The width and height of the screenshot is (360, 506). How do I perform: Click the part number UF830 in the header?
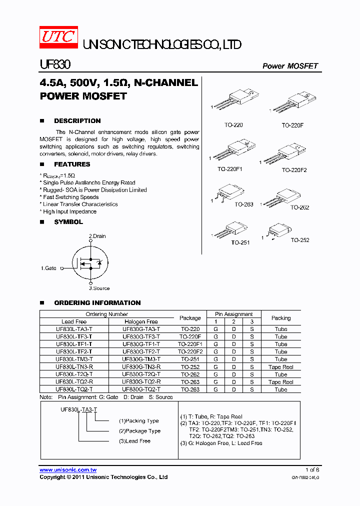click(55, 65)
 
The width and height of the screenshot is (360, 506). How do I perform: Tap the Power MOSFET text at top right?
click(290, 66)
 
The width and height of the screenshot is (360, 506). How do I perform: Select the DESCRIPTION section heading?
click(77, 121)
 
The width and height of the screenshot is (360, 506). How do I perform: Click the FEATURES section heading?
click(72, 164)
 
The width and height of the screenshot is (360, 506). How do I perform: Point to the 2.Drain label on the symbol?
click(97, 236)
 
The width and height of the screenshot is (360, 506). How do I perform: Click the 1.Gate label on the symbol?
click(48, 268)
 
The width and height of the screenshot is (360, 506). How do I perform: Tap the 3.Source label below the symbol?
click(99, 288)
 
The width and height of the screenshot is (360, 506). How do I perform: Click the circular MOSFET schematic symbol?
click(90, 262)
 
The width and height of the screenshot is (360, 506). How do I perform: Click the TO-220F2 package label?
click(294, 170)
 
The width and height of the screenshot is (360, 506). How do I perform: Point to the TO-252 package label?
click(300, 240)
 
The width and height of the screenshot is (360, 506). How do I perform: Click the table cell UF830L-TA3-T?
click(74, 329)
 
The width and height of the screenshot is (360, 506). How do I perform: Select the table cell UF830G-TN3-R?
click(141, 367)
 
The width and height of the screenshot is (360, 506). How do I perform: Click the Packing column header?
click(280, 318)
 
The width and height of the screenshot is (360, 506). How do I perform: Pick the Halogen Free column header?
click(141, 322)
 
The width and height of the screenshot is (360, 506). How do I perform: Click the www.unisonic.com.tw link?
click(68, 470)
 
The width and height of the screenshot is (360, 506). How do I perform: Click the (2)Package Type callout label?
click(139, 431)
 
